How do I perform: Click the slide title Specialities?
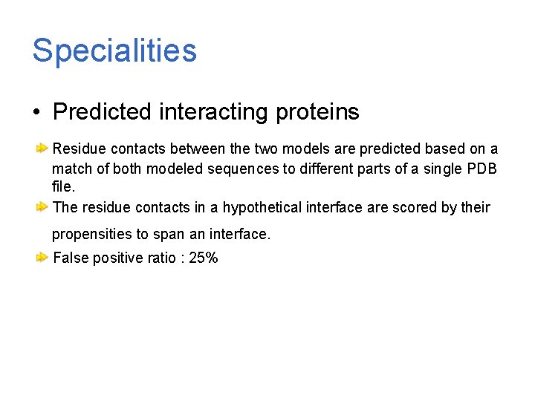pyautogui.click(x=114, y=50)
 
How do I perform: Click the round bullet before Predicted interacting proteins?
pyautogui.click(x=36, y=113)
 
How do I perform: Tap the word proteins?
pyautogui.click(x=317, y=112)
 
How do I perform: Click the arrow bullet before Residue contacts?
pyautogui.click(x=43, y=149)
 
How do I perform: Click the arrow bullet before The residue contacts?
pyautogui.click(x=43, y=206)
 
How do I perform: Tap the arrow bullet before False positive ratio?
pyautogui.click(x=43, y=258)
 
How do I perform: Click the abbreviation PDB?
pyautogui.click(x=482, y=169)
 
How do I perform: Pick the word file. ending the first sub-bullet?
pyautogui.click(x=64, y=187)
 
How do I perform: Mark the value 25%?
pyautogui.click(x=204, y=258)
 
